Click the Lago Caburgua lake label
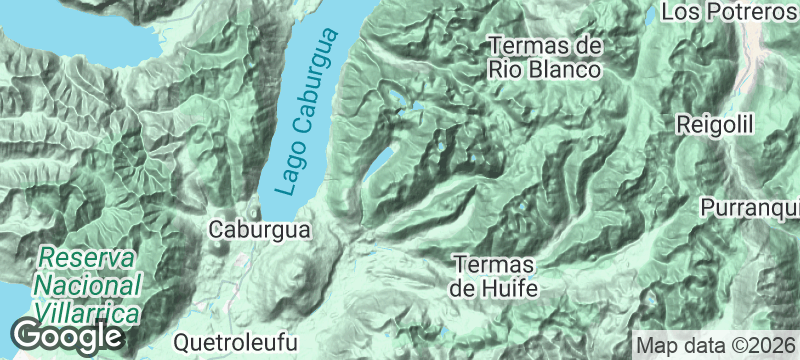[306, 113]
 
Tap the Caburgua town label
[260, 230]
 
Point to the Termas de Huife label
[495, 277]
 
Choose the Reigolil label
[714, 125]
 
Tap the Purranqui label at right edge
[750, 208]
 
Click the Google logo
[68, 336]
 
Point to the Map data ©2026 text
[715, 345]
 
